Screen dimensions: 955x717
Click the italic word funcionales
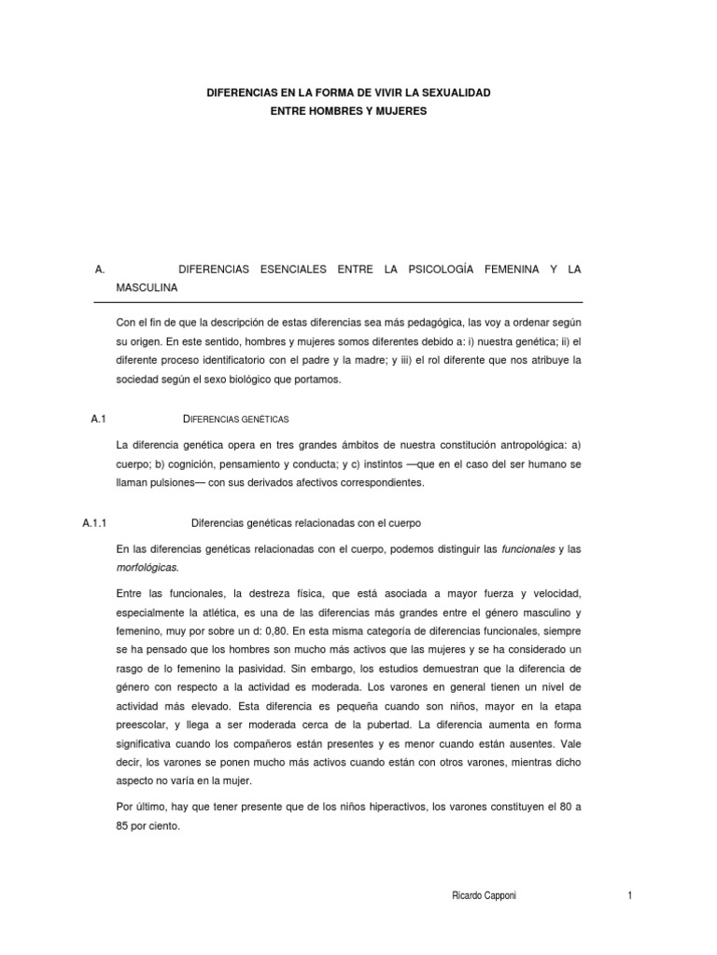pyautogui.click(x=527, y=548)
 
